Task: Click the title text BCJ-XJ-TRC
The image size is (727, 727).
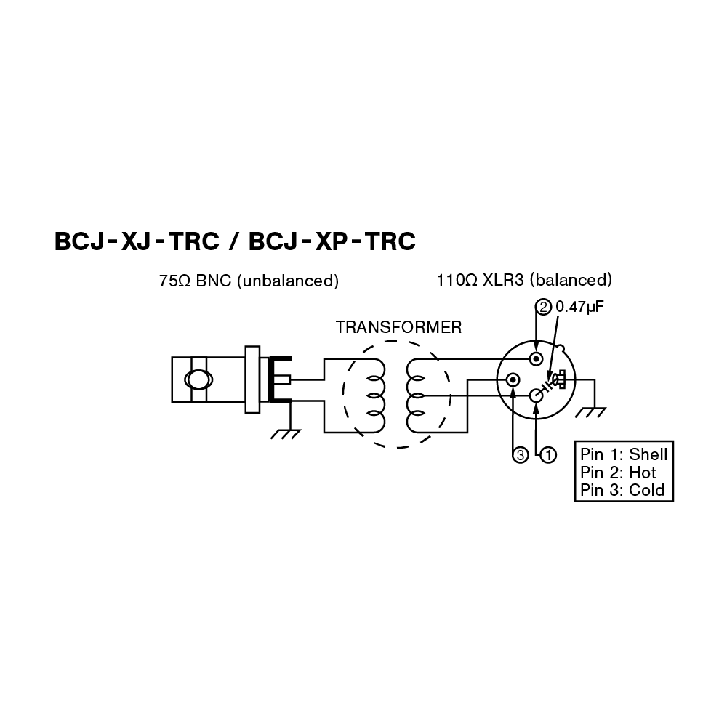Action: [x=137, y=242]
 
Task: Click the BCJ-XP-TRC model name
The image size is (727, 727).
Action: [x=332, y=242]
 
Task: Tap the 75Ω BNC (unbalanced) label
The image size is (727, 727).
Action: [x=249, y=280]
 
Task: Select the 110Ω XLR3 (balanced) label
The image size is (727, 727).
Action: [x=524, y=280]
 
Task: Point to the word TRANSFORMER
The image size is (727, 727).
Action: [x=398, y=327]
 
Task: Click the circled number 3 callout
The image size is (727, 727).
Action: [x=520, y=455]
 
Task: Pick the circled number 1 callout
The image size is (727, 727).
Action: [x=547, y=455]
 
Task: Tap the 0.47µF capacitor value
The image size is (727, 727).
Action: [x=580, y=306]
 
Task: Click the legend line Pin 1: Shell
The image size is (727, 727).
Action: [x=624, y=455]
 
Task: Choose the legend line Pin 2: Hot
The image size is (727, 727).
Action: [x=618, y=473]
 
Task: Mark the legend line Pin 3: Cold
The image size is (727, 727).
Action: [x=623, y=490]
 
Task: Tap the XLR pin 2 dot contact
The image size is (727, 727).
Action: [x=537, y=358]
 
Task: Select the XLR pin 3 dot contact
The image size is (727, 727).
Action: [x=513, y=379]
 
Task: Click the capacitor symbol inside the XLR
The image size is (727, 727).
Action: [x=557, y=379]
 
